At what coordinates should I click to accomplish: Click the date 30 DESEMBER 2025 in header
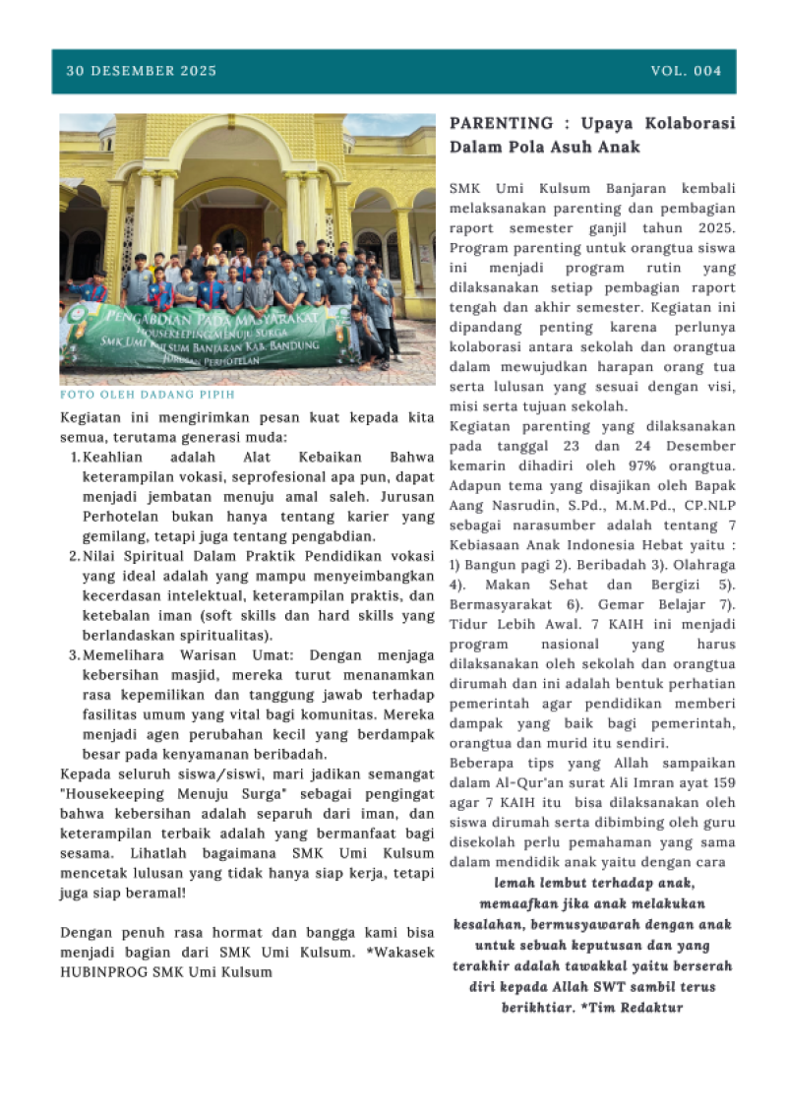coord(142,71)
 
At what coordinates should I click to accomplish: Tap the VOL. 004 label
coord(686,71)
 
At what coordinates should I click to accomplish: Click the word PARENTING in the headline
coord(502,124)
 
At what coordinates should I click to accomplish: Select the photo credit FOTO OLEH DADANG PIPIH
coord(148,395)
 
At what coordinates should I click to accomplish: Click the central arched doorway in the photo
coord(230,216)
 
